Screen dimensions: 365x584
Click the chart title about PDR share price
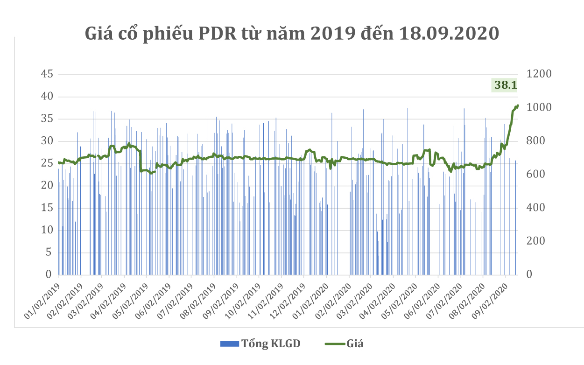[292, 35]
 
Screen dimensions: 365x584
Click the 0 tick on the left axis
[48, 274]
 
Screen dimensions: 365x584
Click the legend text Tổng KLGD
[271, 344]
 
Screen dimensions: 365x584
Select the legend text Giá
[355, 344]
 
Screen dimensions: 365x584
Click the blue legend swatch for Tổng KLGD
[229, 344]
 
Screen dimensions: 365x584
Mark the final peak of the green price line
[518, 105]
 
